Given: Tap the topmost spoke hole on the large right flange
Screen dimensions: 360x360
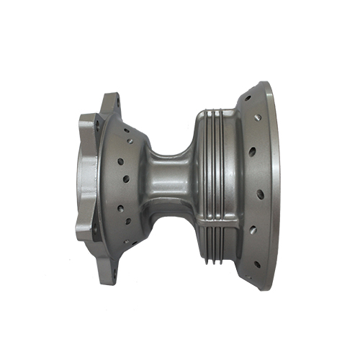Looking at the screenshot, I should click(247, 98).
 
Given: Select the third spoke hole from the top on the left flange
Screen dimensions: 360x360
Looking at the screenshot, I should click(126, 176).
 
